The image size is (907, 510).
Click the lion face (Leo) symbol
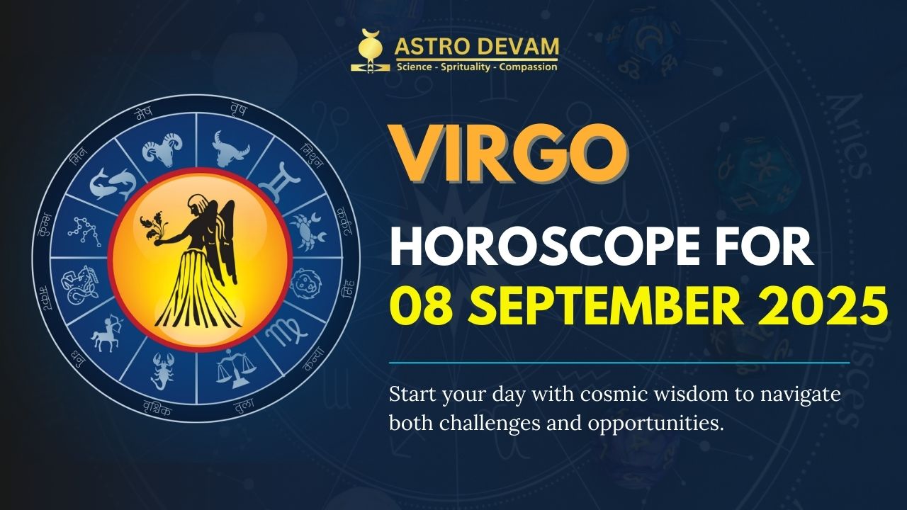click(x=307, y=283)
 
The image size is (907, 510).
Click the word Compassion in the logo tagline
click(x=528, y=67)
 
